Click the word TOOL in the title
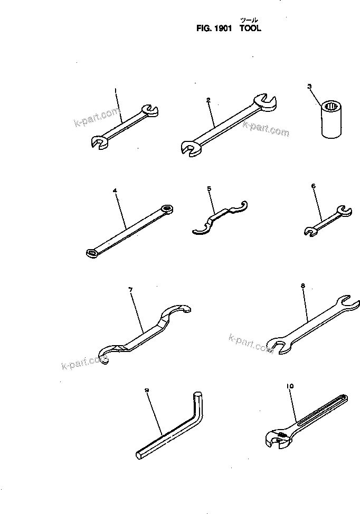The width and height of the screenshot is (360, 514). (250, 30)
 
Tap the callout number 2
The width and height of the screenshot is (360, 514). (209, 99)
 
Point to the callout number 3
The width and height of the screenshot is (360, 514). (309, 85)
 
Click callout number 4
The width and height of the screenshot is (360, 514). (114, 189)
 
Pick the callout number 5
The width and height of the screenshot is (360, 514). (209, 188)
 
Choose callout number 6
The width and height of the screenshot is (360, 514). (313, 186)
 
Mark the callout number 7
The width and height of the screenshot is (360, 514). (130, 289)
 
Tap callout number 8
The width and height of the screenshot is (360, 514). (302, 286)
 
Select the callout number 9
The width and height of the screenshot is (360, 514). (147, 390)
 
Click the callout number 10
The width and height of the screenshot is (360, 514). (289, 386)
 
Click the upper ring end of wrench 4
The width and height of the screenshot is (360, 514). (167, 208)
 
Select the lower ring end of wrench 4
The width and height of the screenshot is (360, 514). (91, 253)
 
